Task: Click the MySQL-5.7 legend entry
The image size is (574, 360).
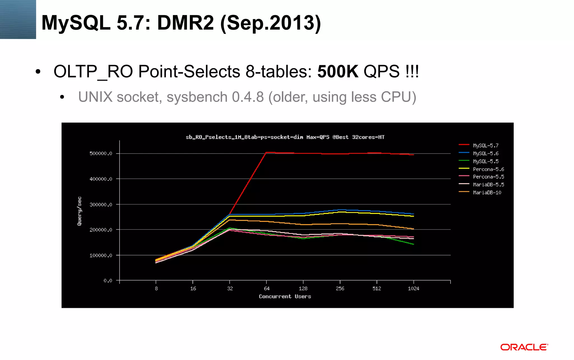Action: [485, 145]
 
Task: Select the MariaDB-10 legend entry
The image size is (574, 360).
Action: [487, 192]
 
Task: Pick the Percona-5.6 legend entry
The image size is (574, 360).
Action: [488, 169]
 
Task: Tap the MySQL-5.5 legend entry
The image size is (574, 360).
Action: [485, 161]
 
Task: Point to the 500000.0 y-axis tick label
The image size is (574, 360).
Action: [101, 154]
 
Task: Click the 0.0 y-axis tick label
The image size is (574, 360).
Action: [108, 281]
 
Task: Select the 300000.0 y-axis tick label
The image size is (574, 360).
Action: [101, 205]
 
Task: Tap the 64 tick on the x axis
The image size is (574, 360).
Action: [267, 289]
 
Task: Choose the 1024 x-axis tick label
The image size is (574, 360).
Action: [413, 289]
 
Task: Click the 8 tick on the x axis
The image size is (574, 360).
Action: [156, 289]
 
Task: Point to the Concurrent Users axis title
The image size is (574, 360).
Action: [285, 296]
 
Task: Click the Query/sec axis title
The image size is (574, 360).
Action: [80, 211]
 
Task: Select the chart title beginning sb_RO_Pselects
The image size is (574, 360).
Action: [285, 137]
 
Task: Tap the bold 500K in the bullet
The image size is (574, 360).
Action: [338, 71]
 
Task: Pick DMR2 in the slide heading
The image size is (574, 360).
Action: [185, 23]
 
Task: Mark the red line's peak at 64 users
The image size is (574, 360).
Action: [266, 152]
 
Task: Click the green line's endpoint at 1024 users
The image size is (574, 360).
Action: [413, 244]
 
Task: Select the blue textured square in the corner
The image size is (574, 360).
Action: [18, 19]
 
